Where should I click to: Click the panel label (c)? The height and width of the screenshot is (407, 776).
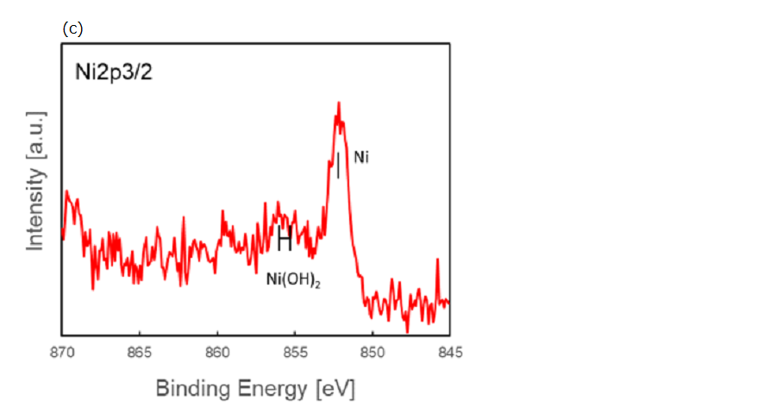tap(72, 28)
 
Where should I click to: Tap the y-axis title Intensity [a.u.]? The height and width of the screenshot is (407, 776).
tap(35, 180)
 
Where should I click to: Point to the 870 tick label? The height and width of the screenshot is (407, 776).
tap(62, 352)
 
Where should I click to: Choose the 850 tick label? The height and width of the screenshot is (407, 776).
tap(372, 352)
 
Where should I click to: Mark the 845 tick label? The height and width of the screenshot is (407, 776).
tap(449, 352)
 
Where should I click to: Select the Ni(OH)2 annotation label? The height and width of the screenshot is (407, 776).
tap(293, 279)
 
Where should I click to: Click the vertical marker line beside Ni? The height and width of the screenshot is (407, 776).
tap(338, 165)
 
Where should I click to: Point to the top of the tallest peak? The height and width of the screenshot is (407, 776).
tap(339, 103)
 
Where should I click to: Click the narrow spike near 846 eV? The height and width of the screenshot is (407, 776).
tap(438, 260)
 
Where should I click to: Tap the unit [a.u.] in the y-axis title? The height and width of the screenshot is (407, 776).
tap(35, 136)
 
